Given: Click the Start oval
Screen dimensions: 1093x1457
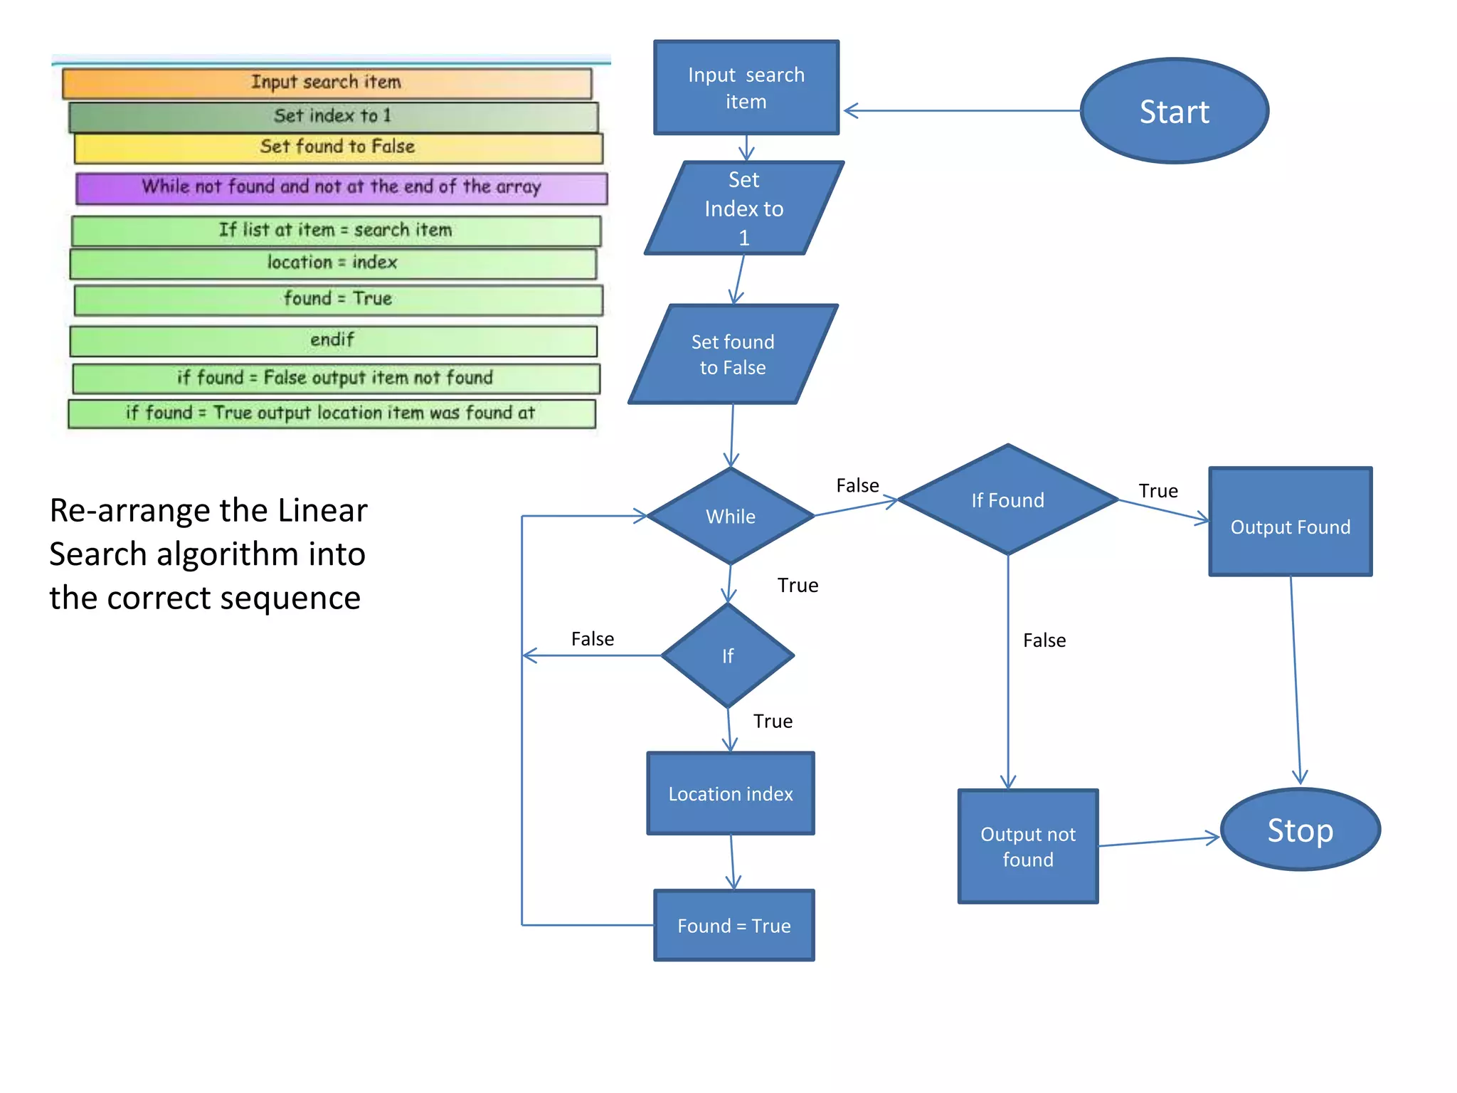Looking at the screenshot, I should [x=1174, y=111].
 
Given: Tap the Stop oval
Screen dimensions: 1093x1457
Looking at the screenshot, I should [x=1300, y=830].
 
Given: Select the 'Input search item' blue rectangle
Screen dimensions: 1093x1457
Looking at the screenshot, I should [x=746, y=88].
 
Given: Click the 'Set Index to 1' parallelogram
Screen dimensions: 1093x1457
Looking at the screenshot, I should [x=743, y=208].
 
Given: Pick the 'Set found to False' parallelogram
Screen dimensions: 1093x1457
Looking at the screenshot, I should [x=733, y=354].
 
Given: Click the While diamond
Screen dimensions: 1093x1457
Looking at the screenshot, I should [x=731, y=516].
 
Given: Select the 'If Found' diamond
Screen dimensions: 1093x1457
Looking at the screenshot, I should [x=1007, y=500].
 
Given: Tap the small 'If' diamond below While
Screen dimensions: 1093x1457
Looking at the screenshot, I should [x=728, y=655].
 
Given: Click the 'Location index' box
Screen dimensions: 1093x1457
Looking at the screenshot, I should [x=731, y=793].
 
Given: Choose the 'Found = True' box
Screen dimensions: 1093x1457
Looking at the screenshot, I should [x=733, y=925].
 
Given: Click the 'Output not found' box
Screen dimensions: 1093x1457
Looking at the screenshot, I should [x=1027, y=846].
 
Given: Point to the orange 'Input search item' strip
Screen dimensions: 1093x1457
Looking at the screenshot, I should [x=327, y=83].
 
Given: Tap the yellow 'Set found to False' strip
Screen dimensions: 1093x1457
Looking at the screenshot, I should [x=338, y=147].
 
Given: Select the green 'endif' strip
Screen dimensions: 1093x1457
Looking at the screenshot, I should [x=333, y=340].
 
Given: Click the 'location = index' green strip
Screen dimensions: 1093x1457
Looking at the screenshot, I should [x=333, y=263].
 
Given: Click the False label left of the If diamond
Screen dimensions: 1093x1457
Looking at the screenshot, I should [x=592, y=639].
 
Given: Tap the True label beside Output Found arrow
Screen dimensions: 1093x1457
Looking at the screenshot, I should [x=1157, y=491].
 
